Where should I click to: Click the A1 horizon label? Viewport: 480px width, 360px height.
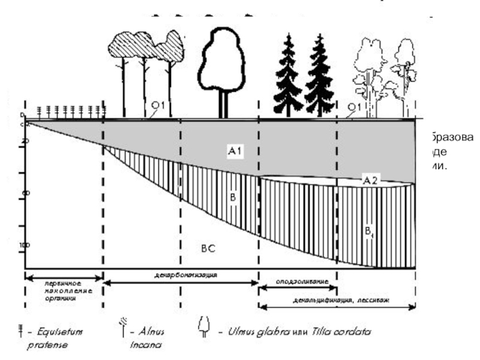234,152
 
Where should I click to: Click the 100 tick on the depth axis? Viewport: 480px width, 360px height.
24,245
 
